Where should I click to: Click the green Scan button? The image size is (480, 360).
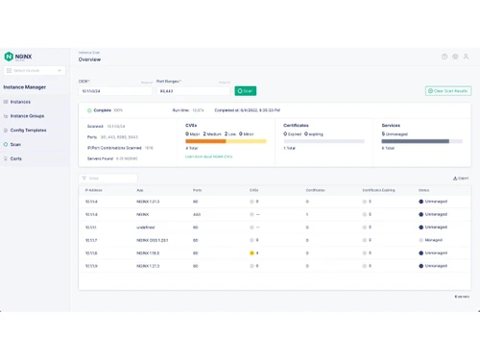coord(246,91)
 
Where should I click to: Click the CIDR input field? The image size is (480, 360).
coord(115,91)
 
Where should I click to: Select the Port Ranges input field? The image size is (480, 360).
coord(192,91)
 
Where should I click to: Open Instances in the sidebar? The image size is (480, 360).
coord(20,101)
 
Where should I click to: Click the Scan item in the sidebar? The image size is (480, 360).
coord(15,144)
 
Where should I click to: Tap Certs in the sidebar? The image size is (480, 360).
coord(16,158)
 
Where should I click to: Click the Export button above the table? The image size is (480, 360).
coord(462,179)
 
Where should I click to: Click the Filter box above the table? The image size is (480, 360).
coord(110,179)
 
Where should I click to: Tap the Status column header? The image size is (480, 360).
coord(423,191)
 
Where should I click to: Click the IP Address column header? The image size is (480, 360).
coord(93,191)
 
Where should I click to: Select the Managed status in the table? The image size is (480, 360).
coord(433,239)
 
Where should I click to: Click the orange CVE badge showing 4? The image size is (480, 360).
coord(253,252)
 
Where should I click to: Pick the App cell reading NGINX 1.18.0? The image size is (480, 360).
coord(148,252)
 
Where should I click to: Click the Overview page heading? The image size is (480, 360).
coord(90,60)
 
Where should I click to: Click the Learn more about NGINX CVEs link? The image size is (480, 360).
coord(208,156)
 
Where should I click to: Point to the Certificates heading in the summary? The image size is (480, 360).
coord(297,125)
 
